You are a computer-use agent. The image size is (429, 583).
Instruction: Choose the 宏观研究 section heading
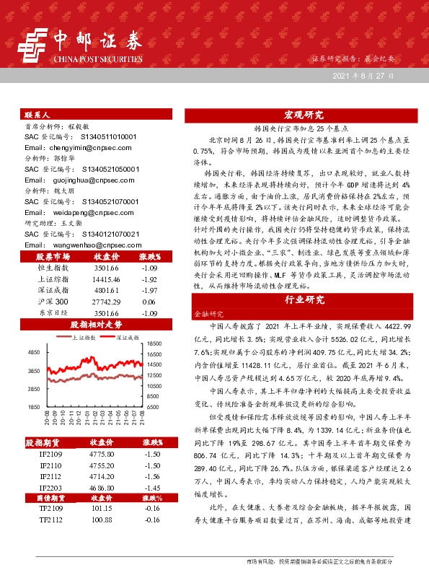pos(303,115)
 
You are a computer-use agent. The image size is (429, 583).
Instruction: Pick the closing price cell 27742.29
pos(107,300)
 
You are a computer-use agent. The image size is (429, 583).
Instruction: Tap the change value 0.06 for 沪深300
pos(149,300)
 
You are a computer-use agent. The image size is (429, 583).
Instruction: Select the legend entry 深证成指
pos(130,337)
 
